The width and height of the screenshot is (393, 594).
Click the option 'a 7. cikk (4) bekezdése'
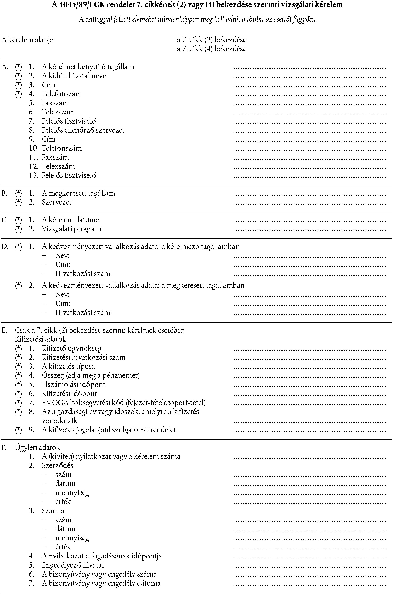click(211, 49)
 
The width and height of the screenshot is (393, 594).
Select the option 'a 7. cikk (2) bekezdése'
click(211, 40)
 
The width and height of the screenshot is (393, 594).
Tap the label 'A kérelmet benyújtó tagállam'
click(88, 67)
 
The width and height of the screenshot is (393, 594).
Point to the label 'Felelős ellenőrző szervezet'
click(83, 130)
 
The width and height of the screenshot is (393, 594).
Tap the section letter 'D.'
click(5, 247)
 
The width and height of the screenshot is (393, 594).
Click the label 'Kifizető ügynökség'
click(72, 348)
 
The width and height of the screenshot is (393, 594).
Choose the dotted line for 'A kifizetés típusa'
click(310, 368)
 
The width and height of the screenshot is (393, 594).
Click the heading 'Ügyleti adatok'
click(37, 447)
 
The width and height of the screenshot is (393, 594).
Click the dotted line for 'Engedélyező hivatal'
click(310, 567)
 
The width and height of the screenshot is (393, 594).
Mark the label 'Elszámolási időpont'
click(73, 384)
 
